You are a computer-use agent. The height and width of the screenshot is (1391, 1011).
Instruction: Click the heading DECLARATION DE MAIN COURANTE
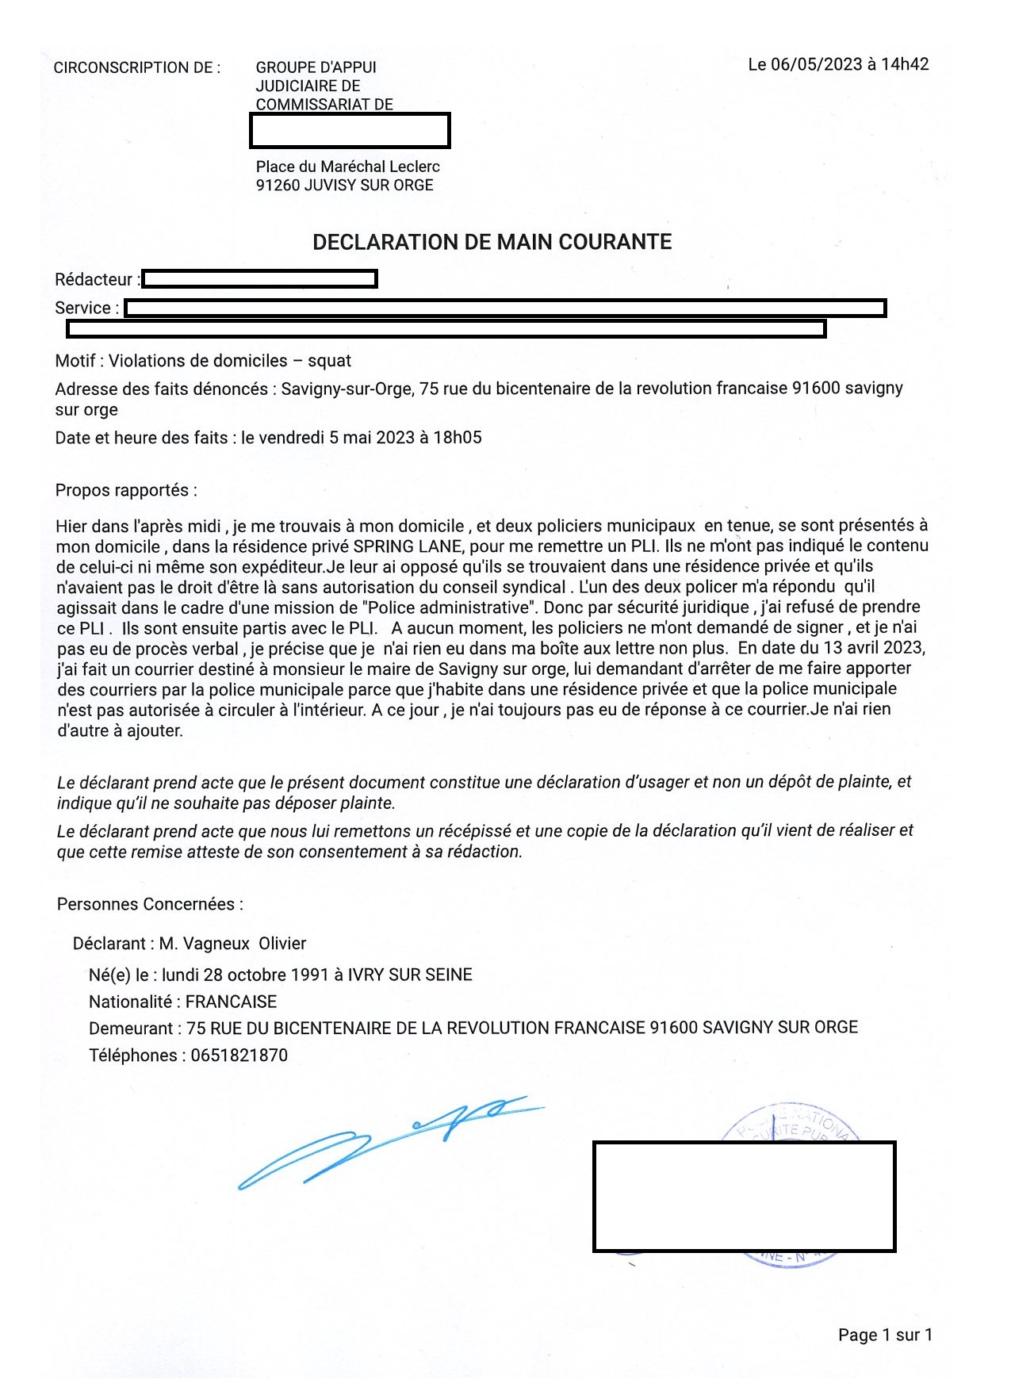click(x=492, y=242)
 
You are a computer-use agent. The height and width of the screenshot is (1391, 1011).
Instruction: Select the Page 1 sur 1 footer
click(x=885, y=1335)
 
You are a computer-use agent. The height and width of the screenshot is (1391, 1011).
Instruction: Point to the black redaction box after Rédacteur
click(x=259, y=279)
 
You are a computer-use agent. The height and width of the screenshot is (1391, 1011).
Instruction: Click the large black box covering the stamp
click(x=744, y=1196)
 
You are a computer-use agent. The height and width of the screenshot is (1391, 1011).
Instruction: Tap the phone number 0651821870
click(x=239, y=1056)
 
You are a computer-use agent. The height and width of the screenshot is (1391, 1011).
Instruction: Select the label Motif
click(x=76, y=361)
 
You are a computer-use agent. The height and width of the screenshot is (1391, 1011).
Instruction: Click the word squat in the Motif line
click(x=329, y=361)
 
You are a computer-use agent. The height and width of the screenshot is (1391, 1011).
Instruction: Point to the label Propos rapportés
click(x=126, y=490)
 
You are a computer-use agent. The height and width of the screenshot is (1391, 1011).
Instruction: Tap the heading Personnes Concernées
click(x=150, y=904)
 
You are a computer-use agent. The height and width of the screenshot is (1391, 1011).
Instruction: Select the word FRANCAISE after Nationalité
click(x=232, y=1002)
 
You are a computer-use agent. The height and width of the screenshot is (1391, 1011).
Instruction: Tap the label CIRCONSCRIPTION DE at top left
click(x=136, y=67)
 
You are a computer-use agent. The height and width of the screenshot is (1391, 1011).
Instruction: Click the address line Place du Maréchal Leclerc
click(x=347, y=167)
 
